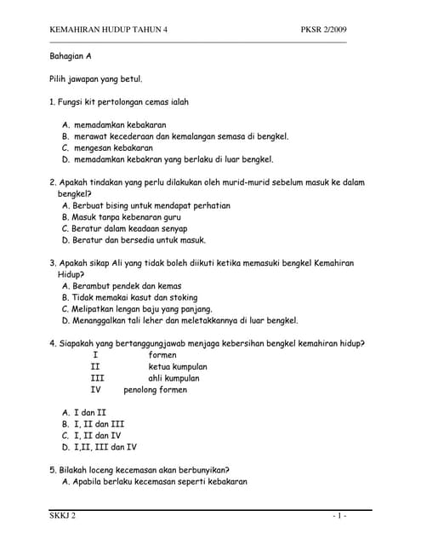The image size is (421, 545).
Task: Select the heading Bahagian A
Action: pyautogui.click(x=71, y=55)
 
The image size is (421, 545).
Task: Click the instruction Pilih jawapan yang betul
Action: pyautogui.click(x=96, y=79)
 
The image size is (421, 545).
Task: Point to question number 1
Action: pyautogui.click(x=53, y=102)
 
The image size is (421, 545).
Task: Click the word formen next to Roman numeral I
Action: pyautogui.click(x=162, y=355)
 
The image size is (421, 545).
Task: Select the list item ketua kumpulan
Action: pyautogui.click(x=178, y=367)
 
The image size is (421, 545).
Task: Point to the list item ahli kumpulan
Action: pyautogui.click(x=174, y=378)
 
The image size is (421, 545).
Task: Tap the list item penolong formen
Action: pyautogui.click(x=156, y=390)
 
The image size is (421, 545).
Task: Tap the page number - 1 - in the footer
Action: pyautogui.click(x=339, y=516)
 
